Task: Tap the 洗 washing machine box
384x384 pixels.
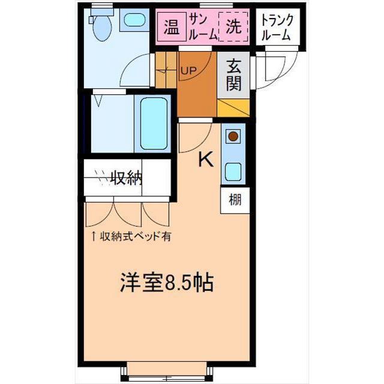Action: pyautogui.click(x=233, y=27)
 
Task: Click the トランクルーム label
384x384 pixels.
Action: pyautogui.click(x=276, y=26)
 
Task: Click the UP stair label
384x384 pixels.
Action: pyautogui.click(x=188, y=71)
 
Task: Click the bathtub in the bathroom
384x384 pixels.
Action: pyautogui.click(x=154, y=122)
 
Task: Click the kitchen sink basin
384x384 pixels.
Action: pyautogui.click(x=233, y=172)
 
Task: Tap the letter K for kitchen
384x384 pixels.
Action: pyautogui.click(x=206, y=159)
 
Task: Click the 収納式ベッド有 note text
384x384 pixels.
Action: pyautogui.click(x=135, y=236)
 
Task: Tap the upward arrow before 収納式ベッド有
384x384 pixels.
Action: pyautogui.click(x=94, y=236)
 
